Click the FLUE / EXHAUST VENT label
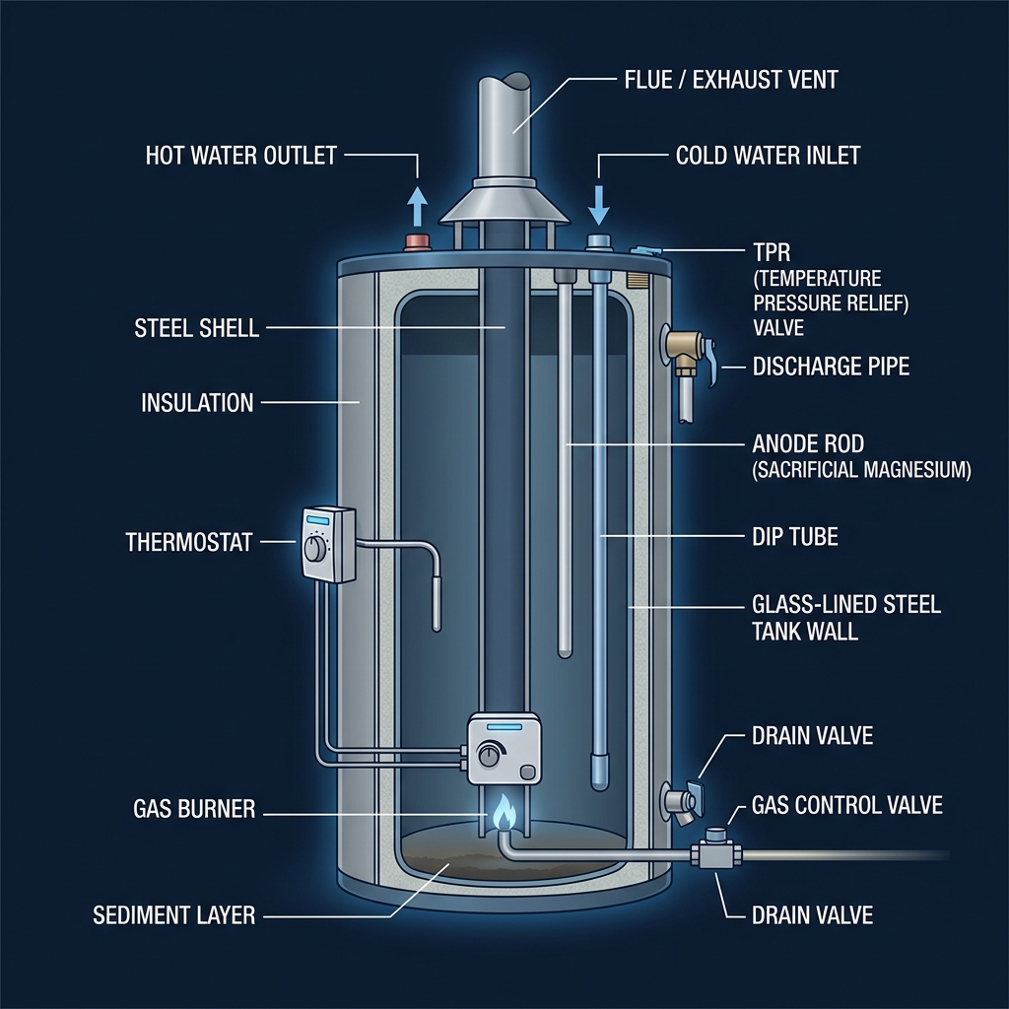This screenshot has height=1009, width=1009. (x=730, y=78)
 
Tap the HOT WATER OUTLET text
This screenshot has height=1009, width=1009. (x=241, y=155)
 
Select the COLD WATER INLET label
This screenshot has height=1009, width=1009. (x=768, y=155)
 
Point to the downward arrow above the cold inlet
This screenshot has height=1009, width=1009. (x=598, y=203)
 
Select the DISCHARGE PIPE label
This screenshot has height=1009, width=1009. (x=831, y=367)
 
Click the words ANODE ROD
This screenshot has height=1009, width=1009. (x=807, y=444)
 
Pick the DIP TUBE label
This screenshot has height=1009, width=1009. (x=794, y=538)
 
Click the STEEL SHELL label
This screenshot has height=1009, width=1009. (x=196, y=328)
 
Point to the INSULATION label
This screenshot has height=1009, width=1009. (x=197, y=402)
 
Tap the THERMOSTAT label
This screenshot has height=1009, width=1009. (x=189, y=541)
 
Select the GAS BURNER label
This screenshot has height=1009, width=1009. (x=193, y=810)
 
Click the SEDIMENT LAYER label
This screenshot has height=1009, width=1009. (x=173, y=914)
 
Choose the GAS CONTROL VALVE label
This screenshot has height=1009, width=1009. (x=846, y=805)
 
